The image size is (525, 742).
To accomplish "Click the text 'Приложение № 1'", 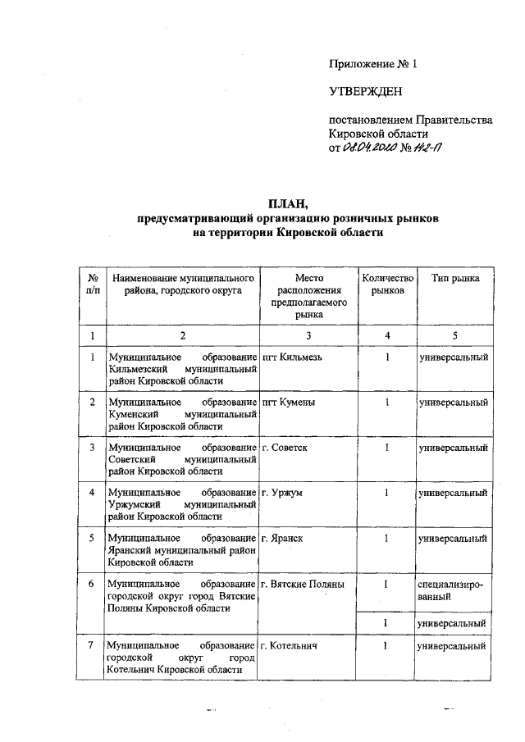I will (x=367, y=63).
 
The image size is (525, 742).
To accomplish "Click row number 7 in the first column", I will (x=93, y=646).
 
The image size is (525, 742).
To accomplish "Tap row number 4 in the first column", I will (x=93, y=492).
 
